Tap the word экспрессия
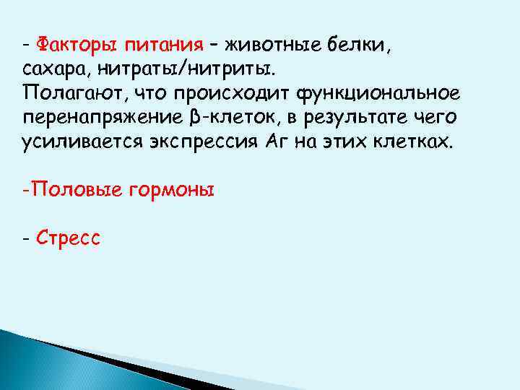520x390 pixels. (x=211, y=142)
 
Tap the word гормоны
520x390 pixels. (x=171, y=190)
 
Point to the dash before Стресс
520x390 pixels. (x=25, y=238)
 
